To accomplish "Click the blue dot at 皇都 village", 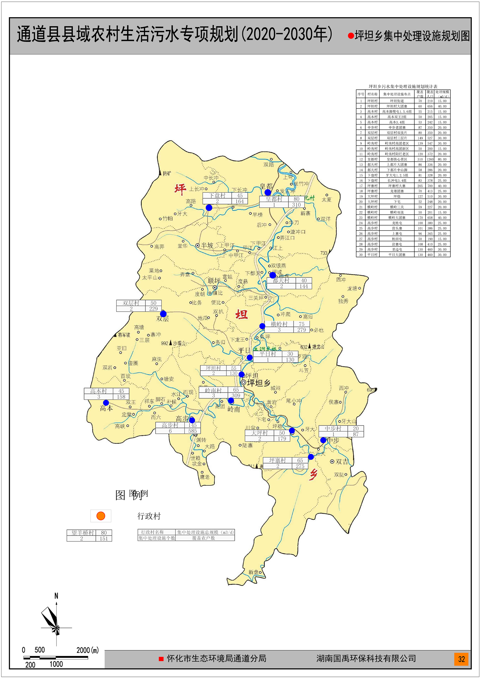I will tap(268, 192).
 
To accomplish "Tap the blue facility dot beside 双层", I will tap(163, 314).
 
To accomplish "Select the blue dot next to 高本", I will tap(106, 403).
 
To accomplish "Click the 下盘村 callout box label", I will tap(217, 196).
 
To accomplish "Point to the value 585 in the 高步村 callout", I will tap(193, 431).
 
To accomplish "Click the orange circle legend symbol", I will tap(101, 516).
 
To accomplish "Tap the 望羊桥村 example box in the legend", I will tap(89, 535).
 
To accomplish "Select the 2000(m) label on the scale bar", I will tap(87, 650).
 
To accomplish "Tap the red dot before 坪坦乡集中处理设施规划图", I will tap(351, 36).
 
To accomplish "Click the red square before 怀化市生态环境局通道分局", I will tap(161, 659).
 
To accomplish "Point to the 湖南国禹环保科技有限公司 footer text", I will tap(366, 658).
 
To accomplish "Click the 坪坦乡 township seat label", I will tap(258, 383).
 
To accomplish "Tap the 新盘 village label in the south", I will tap(254, 572).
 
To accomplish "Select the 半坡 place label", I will tap(207, 246).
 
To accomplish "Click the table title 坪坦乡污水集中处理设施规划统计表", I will tap(403, 86).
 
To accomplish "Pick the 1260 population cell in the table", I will tap(430, 159).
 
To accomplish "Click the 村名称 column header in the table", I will tap(372, 94).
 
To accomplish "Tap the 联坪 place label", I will tap(214, 281).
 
